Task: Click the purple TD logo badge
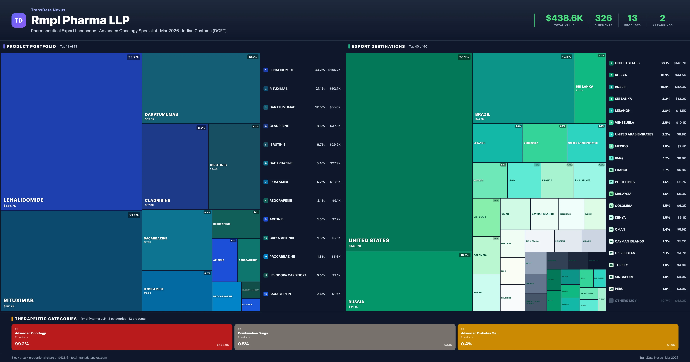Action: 19,20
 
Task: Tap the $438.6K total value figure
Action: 564,18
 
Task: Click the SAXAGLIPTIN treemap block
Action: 251,305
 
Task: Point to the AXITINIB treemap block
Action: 224,260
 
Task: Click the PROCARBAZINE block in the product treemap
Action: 226,296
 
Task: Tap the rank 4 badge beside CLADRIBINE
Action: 266,126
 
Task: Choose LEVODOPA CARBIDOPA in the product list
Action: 288,275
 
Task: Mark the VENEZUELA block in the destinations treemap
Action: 545,143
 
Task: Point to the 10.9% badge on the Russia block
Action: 464,255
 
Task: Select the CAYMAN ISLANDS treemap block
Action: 544,214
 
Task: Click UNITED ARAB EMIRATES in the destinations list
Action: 634,134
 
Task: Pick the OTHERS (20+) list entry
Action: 626,301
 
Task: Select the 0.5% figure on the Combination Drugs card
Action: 243,344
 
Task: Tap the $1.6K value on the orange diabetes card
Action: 671,345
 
